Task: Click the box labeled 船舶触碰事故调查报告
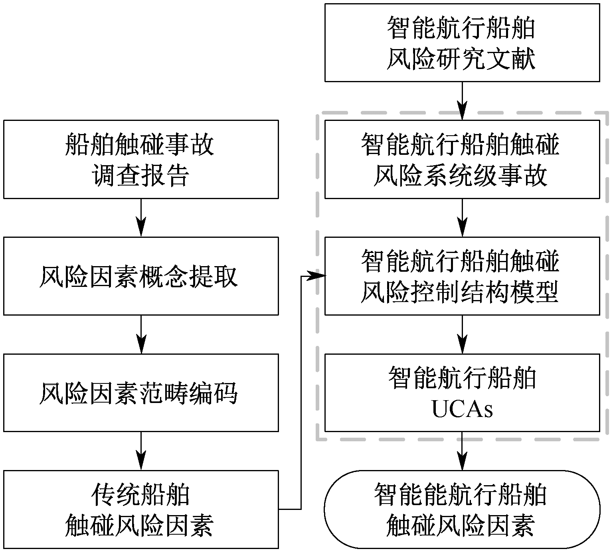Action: click(141, 159)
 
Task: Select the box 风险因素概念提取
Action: click(141, 276)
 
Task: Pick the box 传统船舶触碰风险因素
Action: click(141, 509)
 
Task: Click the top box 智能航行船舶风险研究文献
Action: click(462, 43)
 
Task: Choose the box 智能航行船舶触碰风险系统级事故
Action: click(462, 159)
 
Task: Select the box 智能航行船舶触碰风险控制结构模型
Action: click(462, 276)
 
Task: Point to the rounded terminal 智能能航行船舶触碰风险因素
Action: click(462, 509)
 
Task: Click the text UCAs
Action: click(462, 409)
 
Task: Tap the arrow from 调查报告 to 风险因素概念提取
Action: click(141, 218)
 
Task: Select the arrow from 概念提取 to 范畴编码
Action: click(141, 334)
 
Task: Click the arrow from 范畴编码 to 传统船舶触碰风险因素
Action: click(141, 451)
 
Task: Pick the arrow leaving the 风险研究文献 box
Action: click(462, 101)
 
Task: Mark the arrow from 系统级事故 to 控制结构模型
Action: click(462, 218)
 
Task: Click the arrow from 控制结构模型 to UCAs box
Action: click(462, 334)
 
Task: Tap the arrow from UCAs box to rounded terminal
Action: click(462, 451)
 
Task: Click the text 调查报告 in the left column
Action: click(141, 176)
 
